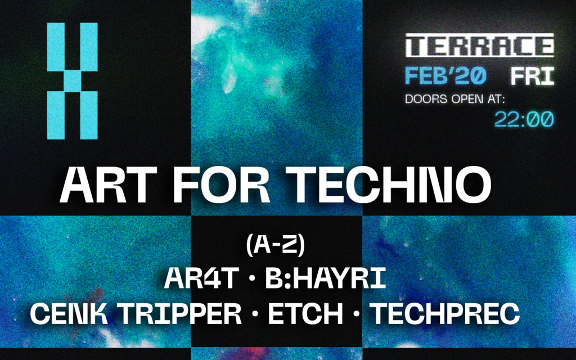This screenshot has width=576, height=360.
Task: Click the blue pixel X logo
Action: [72, 80]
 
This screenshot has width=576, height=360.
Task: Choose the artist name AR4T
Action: [199, 280]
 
